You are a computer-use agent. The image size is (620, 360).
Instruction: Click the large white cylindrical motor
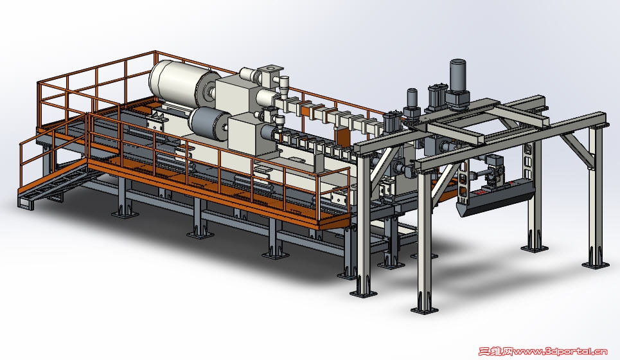pyautogui.click(x=180, y=83)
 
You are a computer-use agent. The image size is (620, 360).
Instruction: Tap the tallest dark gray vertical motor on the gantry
pyautogui.click(x=457, y=84)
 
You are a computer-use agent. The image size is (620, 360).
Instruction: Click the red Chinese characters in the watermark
pyautogui.click(x=496, y=351)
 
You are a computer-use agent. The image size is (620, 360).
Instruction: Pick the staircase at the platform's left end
pyautogui.click(x=55, y=183)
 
